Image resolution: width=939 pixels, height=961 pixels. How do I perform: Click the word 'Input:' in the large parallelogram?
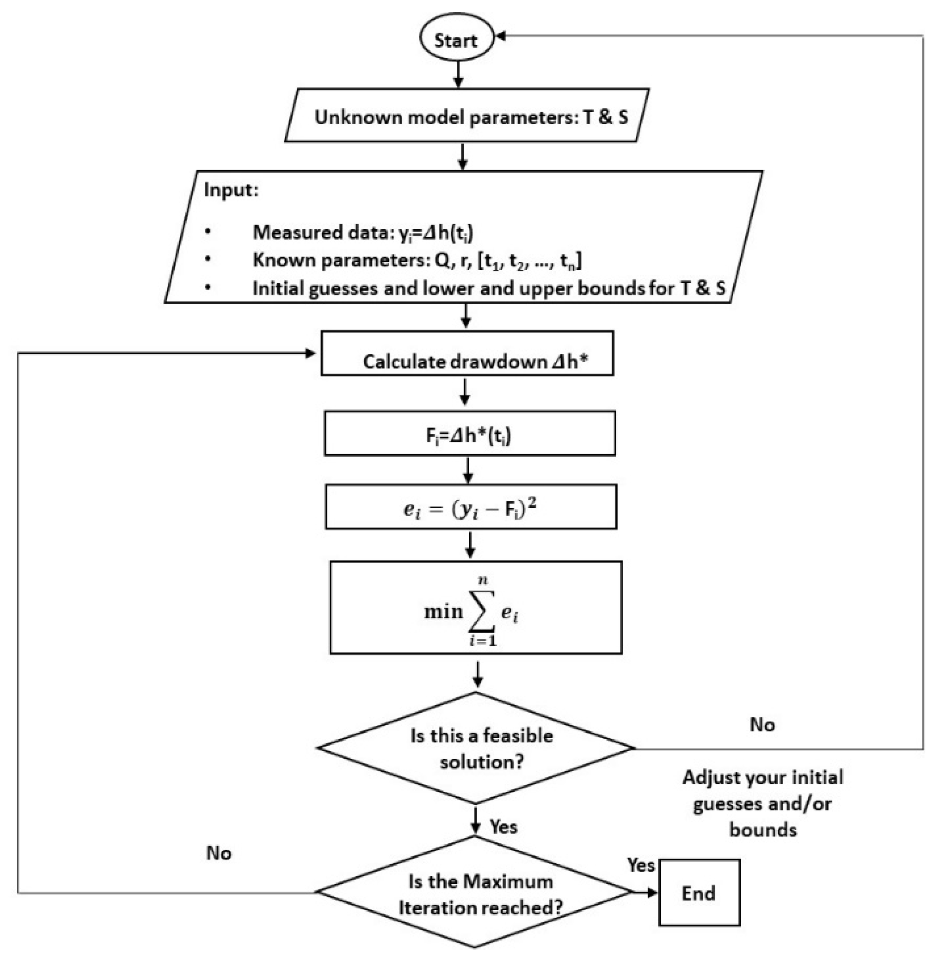pyautogui.click(x=231, y=190)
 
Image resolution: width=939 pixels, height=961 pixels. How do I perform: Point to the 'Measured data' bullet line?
pyautogui.click(x=363, y=232)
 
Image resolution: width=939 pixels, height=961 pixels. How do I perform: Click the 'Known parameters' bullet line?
pyautogui.click(x=417, y=261)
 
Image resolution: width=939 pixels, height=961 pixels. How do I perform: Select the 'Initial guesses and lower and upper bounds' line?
pyautogui.click(x=489, y=288)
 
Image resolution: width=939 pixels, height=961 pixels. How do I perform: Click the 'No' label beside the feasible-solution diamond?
pyautogui.click(x=762, y=725)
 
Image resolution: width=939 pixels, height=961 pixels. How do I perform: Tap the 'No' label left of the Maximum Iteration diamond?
pyautogui.click(x=219, y=853)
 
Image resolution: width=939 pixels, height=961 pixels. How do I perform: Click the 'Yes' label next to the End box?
pyautogui.click(x=641, y=865)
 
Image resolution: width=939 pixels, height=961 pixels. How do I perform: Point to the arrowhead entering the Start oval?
pyautogui.click(x=500, y=35)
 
